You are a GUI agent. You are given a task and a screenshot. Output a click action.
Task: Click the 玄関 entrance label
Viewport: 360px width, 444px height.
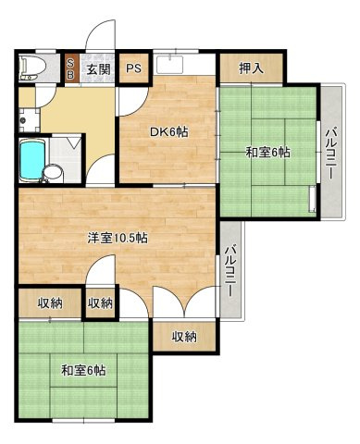point(99,69)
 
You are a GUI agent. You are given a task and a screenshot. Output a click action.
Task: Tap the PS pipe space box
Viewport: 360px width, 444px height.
point(134,68)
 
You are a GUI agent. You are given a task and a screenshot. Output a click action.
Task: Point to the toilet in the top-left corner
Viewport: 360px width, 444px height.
point(31,67)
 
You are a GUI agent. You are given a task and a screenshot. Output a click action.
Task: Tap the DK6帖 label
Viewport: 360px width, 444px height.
point(169,132)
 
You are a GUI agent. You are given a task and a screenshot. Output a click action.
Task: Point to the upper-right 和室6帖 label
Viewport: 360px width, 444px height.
point(268,152)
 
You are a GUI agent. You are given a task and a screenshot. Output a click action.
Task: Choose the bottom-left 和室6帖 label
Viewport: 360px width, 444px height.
point(84,371)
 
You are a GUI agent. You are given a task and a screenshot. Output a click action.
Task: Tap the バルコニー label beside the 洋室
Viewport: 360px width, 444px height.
point(231,269)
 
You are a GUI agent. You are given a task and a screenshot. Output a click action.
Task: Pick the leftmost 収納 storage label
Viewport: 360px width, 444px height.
point(50,303)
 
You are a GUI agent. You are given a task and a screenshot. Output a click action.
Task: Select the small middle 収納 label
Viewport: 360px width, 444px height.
point(99,303)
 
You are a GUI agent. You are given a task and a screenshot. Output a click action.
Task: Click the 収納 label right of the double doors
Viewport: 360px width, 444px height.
point(184,337)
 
